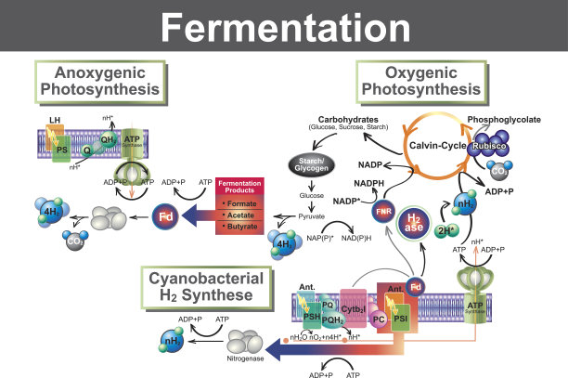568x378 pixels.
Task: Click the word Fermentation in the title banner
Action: click(284, 29)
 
